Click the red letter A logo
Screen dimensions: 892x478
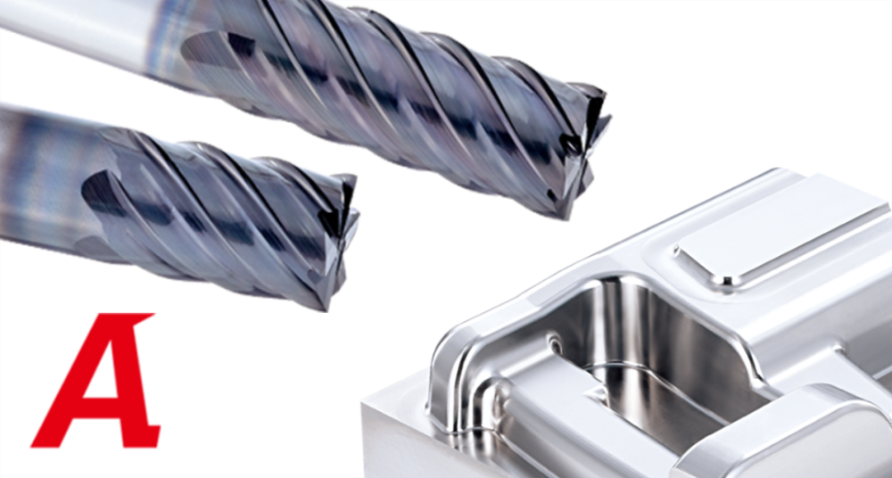pos(96,380)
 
